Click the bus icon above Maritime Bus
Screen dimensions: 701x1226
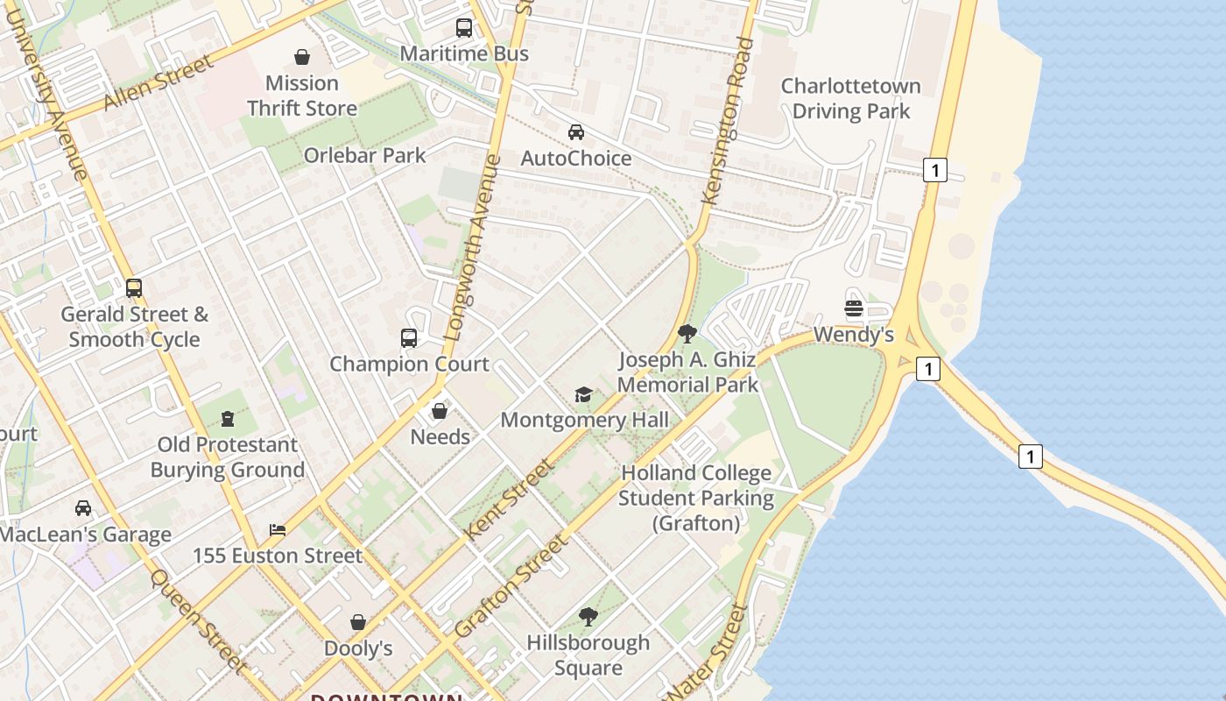point(464,28)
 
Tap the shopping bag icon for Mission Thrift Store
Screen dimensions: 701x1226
point(302,58)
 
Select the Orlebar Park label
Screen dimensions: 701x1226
point(364,155)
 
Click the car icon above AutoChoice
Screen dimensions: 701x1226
point(576,132)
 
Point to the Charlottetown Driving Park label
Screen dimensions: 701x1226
point(850,99)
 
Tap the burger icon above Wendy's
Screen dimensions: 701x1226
point(854,308)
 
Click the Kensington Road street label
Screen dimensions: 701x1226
point(728,123)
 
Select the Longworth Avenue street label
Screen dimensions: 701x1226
point(473,249)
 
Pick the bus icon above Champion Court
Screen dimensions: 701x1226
point(409,338)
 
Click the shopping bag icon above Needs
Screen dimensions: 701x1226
point(440,411)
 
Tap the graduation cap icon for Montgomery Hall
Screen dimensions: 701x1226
point(583,394)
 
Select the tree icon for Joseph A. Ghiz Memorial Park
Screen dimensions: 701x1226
point(687,334)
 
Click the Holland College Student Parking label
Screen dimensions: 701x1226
point(697,498)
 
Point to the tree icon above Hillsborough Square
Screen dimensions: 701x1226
point(588,617)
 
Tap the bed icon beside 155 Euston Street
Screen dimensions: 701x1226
point(278,530)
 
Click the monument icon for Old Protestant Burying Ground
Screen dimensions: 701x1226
point(228,419)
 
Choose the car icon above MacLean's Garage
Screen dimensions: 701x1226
point(83,508)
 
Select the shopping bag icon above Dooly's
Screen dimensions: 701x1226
point(358,623)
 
